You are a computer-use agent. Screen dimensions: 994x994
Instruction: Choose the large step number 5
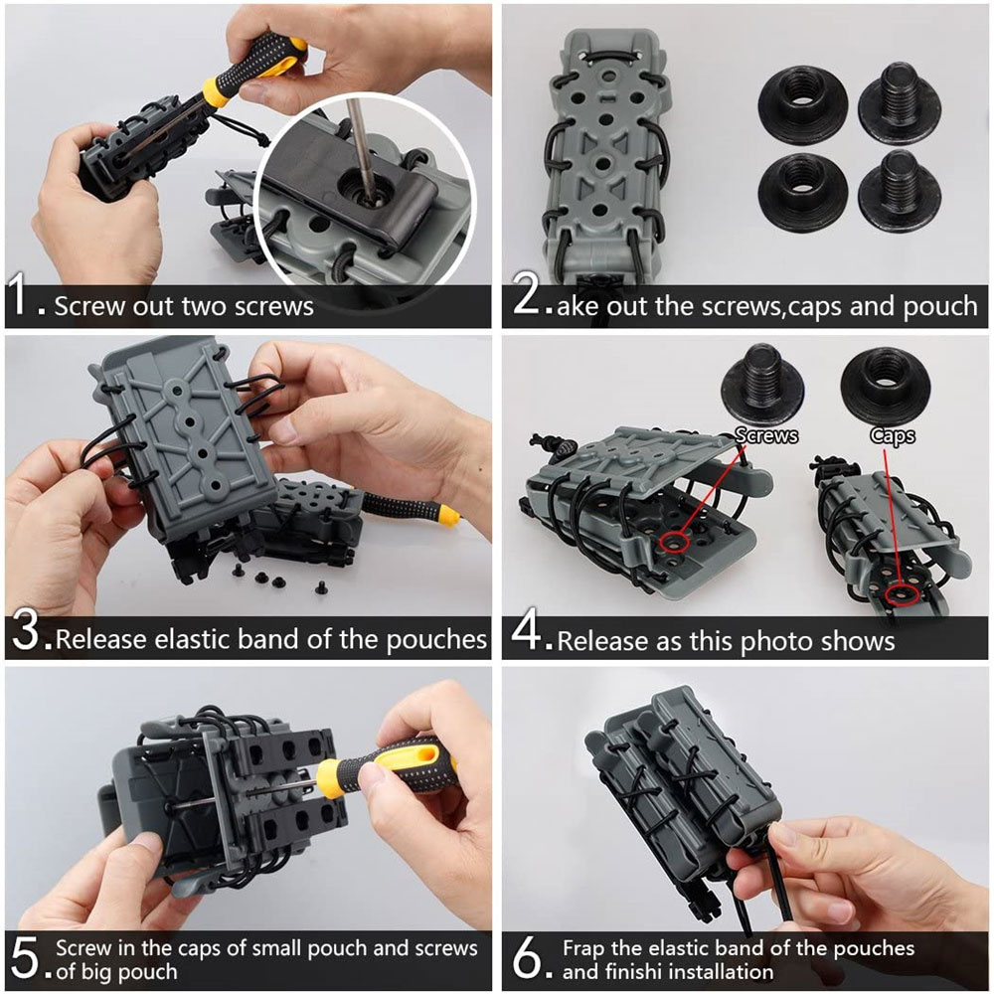(x=26, y=958)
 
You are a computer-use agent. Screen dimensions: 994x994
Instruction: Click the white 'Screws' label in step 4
(x=766, y=435)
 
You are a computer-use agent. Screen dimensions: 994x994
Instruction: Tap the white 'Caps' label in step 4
(x=893, y=436)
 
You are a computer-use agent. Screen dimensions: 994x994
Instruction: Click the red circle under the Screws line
(x=674, y=543)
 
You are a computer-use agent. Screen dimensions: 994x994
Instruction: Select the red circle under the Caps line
(x=902, y=594)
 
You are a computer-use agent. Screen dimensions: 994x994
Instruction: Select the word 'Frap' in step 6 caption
(x=583, y=949)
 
